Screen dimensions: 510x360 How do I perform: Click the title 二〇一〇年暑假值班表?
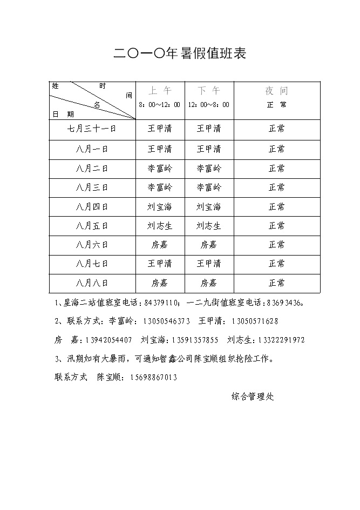click(x=180, y=53)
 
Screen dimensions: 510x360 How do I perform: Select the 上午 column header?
click(x=159, y=91)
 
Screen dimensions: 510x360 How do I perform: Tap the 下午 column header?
click(x=208, y=91)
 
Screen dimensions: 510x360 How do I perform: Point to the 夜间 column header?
click(x=276, y=91)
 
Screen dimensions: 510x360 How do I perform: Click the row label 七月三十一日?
click(x=92, y=129)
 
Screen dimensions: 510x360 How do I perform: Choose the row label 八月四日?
click(x=92, y=207)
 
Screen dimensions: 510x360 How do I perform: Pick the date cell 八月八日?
click(x=92, y=283)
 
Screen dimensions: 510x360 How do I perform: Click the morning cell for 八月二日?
click(x=159, y=169)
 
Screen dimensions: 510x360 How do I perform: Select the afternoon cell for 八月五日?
click(x=208, y=226)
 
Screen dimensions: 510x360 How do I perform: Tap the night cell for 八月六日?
click(x=276, y=245)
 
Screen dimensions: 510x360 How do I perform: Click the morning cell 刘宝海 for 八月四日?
click(x=159, y=207)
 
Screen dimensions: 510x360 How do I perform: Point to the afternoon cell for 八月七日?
click(x=208, y=264)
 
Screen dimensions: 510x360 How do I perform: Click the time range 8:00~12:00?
click(x=159, y=105)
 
